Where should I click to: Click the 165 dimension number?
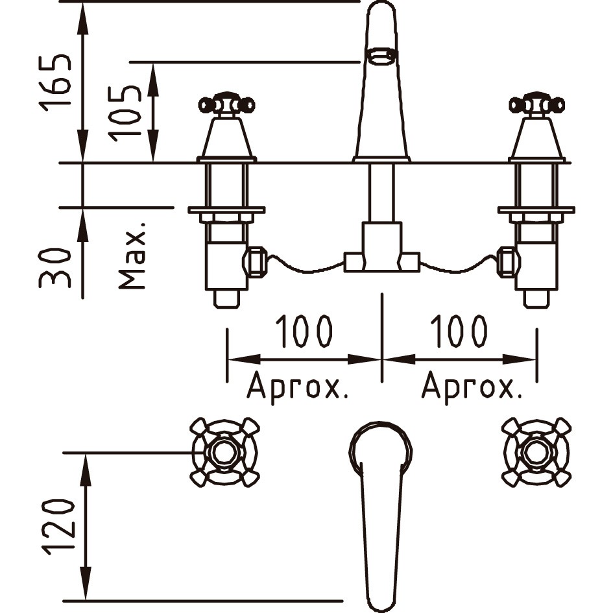tap(54, 83)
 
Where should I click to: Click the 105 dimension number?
tap(125, 114)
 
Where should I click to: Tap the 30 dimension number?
tap(54, 267)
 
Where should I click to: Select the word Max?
tap(132, 256)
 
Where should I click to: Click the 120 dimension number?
tap(58, 527)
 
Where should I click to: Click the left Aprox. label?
tap(297, 386)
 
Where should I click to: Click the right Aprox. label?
tap(472, 386)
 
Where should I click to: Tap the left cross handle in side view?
tap(227, 104)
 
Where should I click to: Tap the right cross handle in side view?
tap(536, 104)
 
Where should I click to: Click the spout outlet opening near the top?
tap(381, 56)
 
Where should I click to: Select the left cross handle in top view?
tap(225, 452)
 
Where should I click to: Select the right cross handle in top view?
tap(536, 452)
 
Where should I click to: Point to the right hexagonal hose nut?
tap(508, 262)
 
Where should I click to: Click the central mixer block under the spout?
tap(381, 247)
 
